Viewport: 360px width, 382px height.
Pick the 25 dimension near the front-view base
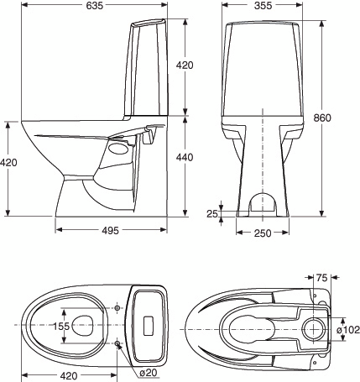(212, 214)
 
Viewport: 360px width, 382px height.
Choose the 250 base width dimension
(263, 233)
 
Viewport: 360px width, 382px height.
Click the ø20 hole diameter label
(148, 372)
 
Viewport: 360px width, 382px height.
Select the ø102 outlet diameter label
(347, 330)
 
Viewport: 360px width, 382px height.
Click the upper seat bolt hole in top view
(117, 307)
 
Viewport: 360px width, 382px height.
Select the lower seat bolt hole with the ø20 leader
(117, 343)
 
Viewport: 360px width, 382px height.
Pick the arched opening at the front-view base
(263, 201)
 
